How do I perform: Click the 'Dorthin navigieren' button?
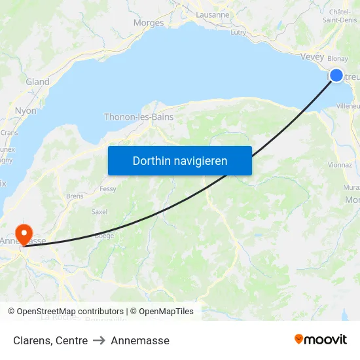[x=179, y=160]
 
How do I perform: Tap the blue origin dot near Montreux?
[x=336, y=75]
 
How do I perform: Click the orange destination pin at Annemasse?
[x=24, y=233]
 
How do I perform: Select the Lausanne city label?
[x=213, y=14]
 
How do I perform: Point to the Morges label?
[x=148, y=23]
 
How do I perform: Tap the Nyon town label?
[x=26, y=111]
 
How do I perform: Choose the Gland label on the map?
[x=37, y=82]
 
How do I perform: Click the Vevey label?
[x=312, y=56]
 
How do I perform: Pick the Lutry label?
[x=238, y=31]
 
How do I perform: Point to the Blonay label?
[x=338, y=58]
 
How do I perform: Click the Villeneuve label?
[x=348, y=105]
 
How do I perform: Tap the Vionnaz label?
[x=340, y=166]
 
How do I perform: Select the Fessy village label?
[x=108, y=189]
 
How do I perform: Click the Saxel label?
[x=99, y=212]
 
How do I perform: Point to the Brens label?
[x=75, y=196]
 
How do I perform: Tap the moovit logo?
[x=321, y=339]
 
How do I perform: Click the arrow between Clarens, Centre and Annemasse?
[x=99, y=341]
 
